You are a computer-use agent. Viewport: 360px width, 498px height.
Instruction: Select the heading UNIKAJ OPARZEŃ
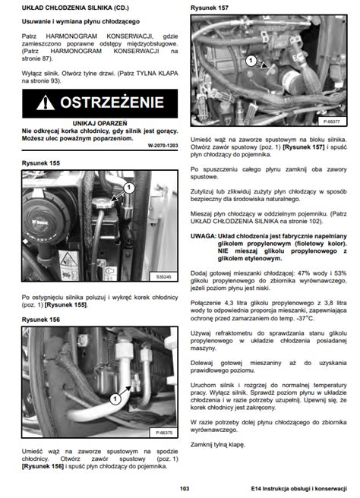click(99, 122)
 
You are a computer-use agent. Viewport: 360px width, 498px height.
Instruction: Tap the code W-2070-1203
click(162, 145)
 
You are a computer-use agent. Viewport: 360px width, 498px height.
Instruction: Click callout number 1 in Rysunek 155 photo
click(128, 186)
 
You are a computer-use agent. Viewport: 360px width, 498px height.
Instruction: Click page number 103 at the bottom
click(184, 488)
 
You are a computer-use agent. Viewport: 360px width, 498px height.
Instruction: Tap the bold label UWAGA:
click(204, 236)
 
